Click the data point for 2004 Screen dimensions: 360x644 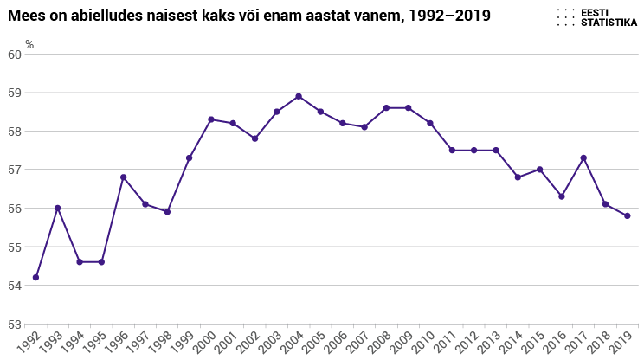click(x=299, y=96)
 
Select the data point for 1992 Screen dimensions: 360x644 click(x=35, y=277)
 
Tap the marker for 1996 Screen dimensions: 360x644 click(x=123, y=177)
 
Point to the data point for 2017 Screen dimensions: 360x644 click(x=583, y=157)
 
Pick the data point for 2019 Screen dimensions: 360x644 click(x=628, y=215)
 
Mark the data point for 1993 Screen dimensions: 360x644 click(x=57, y=208)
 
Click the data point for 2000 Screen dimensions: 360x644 click(x=211, y=119)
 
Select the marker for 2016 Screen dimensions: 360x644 click(x=562, y=196)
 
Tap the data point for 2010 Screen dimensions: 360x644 click(x=430, y=123)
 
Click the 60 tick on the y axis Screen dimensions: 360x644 click(x=14, y=54)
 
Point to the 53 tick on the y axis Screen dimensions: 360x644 click(x=14, y=325)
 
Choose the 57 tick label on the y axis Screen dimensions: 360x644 click(x=14, y=170)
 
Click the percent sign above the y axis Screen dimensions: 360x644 click(x=29, y=43)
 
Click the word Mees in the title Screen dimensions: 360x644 click(x=26, y=16)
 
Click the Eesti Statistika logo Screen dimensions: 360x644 click(x=597, y=16)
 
